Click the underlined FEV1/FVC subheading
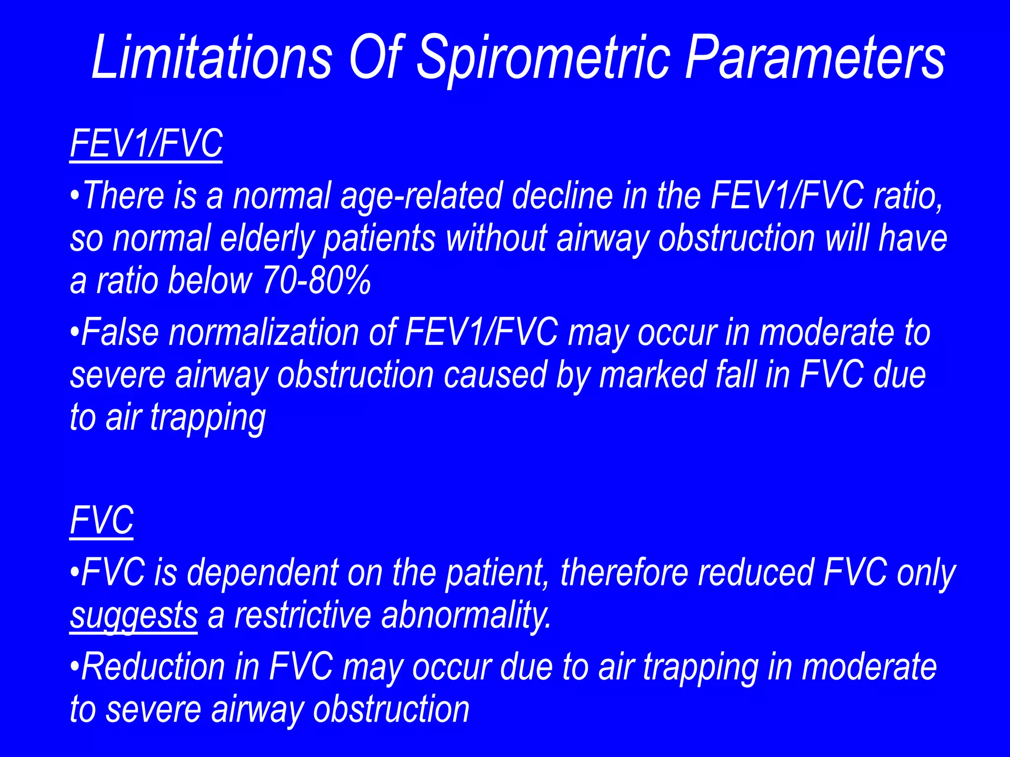coord(146,143)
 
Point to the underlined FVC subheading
coord(102,520)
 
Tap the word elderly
coord(267,239)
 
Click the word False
coord(120,333)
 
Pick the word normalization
coord(264,333)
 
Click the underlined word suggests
coord(134,616)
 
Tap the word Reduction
coord(153,667)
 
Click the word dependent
coord(262,573)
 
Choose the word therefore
coord(624,573)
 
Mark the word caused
coord(495,375)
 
